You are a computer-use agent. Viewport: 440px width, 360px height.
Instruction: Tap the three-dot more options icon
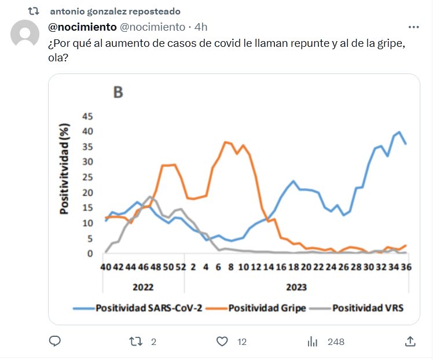click(x=413, y=27)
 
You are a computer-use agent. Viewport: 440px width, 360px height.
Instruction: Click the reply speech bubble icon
click(x=55, y=341)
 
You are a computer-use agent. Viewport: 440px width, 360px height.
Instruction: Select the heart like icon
click(x=222, y=341)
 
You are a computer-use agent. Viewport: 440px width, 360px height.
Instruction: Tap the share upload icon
click(x=410, y=341)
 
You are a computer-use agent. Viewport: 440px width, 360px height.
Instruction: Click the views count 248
click(x=336, y=342)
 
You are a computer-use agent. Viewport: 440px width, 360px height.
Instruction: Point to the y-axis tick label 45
click(x=87, y=116)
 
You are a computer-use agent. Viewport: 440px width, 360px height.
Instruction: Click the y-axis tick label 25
click(x=87, y=177)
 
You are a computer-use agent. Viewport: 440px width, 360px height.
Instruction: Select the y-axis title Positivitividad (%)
click(x=65, y=168)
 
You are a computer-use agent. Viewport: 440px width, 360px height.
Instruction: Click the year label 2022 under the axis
click(x=143, y=286)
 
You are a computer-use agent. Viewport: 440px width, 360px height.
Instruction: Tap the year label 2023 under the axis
click(x=296, y=286)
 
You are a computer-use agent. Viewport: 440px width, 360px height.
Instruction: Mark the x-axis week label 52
click(x=181, y=269)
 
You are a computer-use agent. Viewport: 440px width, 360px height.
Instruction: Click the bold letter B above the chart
click(x=118, y=93)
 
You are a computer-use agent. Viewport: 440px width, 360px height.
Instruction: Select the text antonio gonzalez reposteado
click(x=115, y=12)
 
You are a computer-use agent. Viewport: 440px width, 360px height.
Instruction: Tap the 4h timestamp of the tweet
click(x=201, y=27)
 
